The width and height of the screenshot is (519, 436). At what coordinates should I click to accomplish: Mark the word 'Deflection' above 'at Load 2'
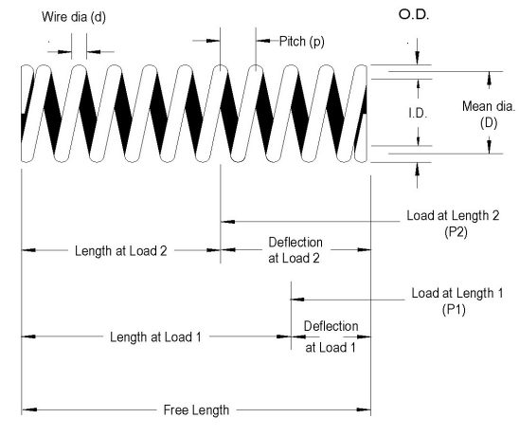(x=295, y=241)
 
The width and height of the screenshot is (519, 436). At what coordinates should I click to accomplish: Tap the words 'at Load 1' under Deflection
(x=331, y=347)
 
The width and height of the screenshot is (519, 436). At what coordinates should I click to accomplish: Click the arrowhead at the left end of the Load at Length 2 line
(x=227, y=220)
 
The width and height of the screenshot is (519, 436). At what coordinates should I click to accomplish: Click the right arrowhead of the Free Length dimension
(x=365, y=410)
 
